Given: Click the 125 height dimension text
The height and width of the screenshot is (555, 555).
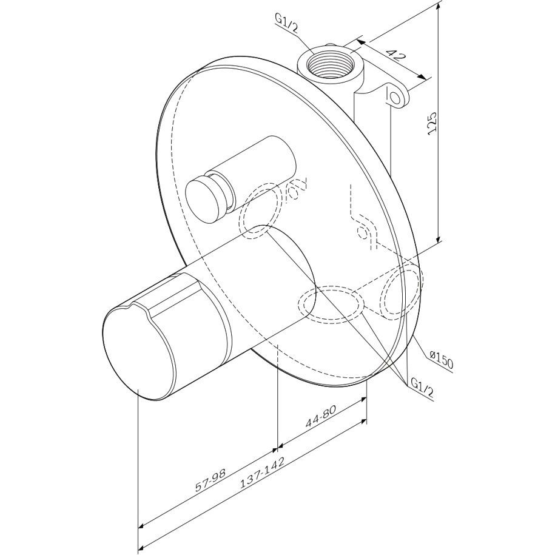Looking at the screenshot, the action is point(432,123).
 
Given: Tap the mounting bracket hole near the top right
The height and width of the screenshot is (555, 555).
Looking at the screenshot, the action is point(394,96).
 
